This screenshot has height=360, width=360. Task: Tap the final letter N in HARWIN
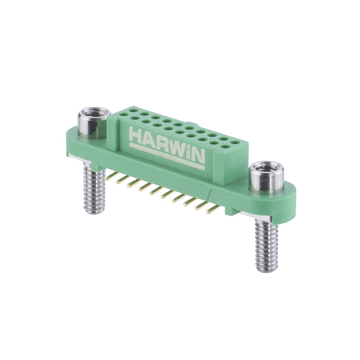[197, 157]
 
